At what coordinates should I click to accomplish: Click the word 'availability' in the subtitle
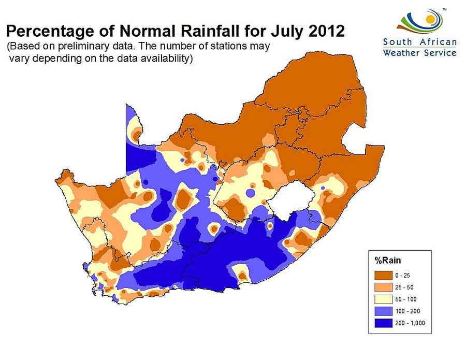(166, 59)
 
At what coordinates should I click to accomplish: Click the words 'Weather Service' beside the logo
(420, 52)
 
